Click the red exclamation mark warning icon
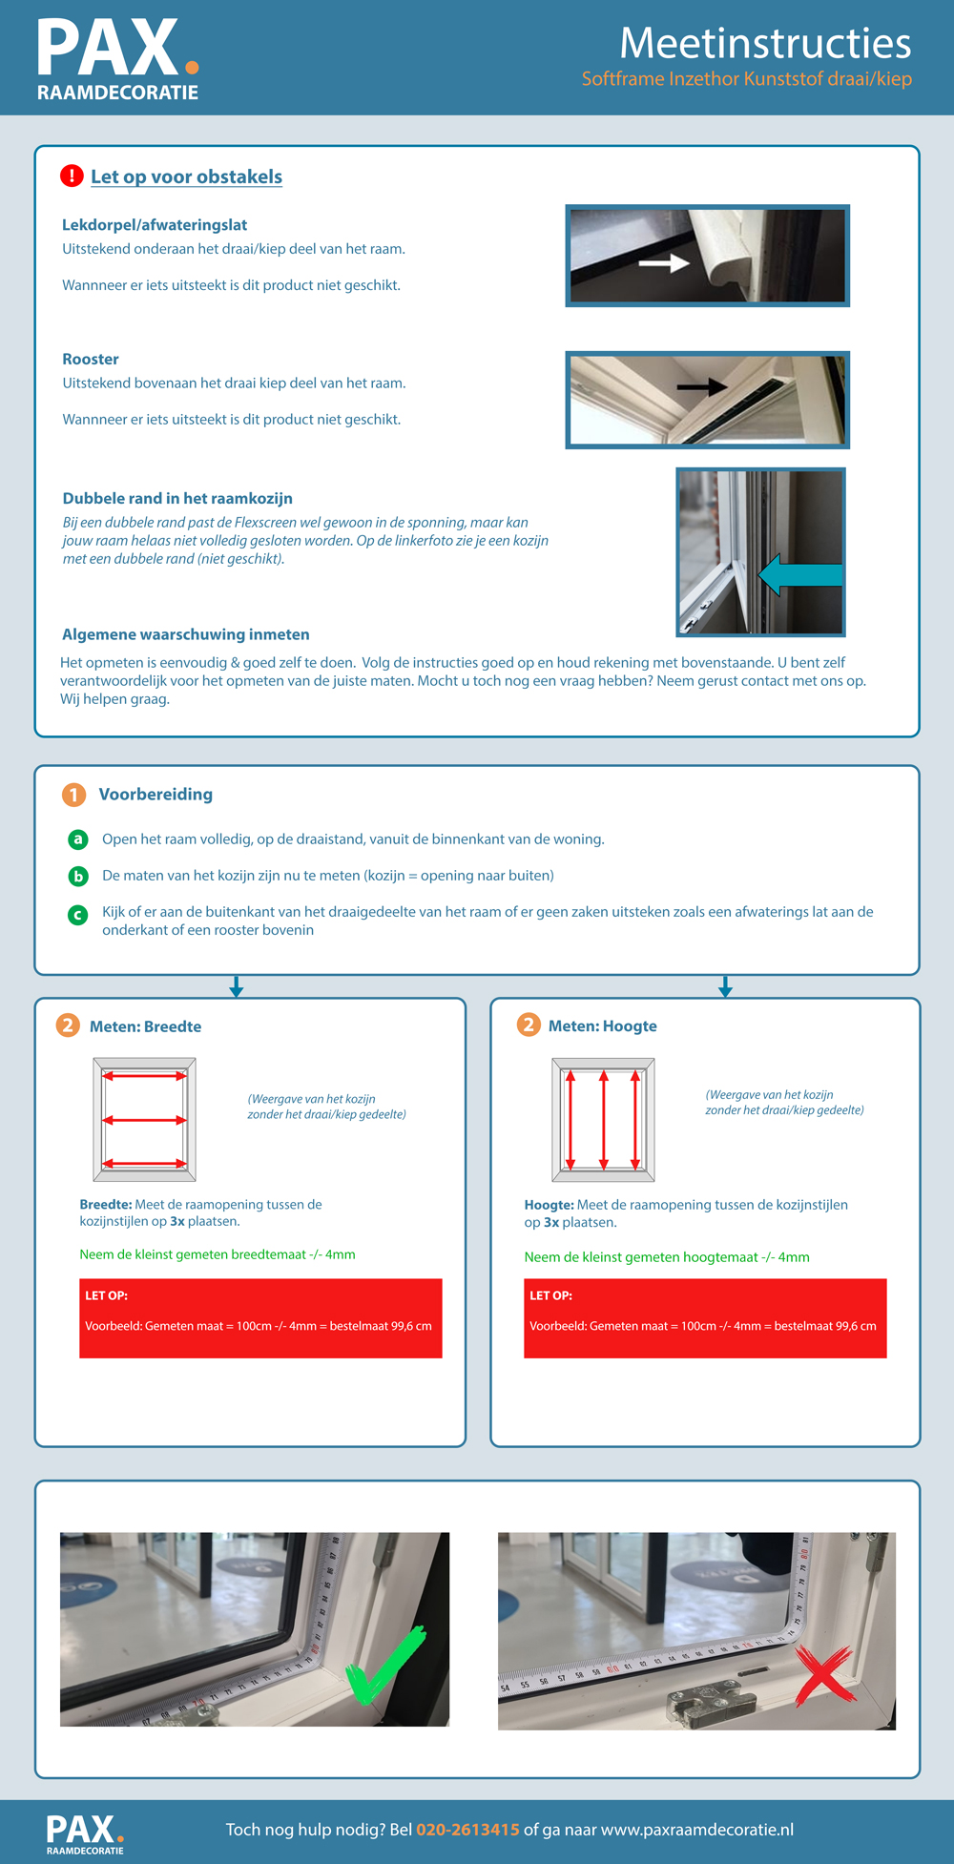click(x=72, y=176)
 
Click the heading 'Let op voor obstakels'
click(x=186, y=176)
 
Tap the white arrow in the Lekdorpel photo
click(x=664, y=262)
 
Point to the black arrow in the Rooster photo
click(x=701, y=386)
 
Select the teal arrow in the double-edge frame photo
click(x=799, y=575)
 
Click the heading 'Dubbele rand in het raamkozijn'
click(x=177, y=498)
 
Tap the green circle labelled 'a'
click(x=78, y=839)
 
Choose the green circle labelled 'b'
click(x=78, y=876)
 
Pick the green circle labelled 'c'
click(x=78, y=914)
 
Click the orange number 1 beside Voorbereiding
click(x=73, y=795)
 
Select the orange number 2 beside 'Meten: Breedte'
click(x=67, y=1025)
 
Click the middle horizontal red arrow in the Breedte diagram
click(x=144, y=1120)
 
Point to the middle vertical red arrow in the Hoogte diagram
click(x=604, y=1120)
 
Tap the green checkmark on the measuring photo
click(x=384, y=1666)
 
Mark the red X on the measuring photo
click(x=823, y=1674)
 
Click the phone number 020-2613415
click(x=467, y=1829)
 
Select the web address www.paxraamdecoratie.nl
click(x=696, y=1829)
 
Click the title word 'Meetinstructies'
click(x=765, y=43)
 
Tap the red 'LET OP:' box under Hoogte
click(x=705, y=1317)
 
